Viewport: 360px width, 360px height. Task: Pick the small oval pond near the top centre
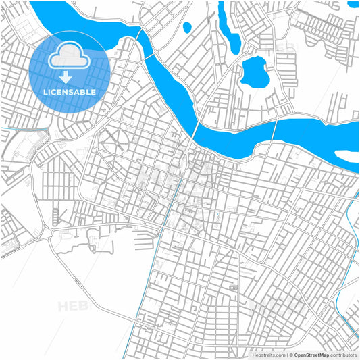click(187, 28)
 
